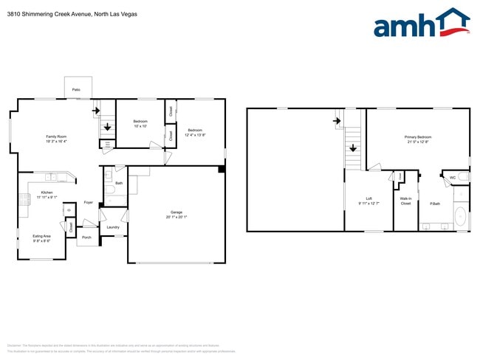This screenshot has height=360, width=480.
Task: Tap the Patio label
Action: (x=76, y=90)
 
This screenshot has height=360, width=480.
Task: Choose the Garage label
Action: (x=176, y=213)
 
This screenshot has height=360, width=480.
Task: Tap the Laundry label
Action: (x=113, y=227)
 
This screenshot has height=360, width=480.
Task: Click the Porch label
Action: (x=86, y=238)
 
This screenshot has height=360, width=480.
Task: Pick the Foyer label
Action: (x=88, y=201)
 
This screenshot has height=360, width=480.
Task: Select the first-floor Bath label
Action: (x=119, y=183)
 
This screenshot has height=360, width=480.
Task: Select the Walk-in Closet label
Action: (x=405, y=201)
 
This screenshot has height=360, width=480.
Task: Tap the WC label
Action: (x=452, y=177)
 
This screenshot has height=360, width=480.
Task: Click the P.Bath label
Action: (x=435, y=204)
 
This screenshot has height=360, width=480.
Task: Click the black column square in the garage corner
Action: (x=221, y=170)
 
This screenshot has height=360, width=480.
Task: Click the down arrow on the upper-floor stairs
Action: (x=353, y=148)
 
